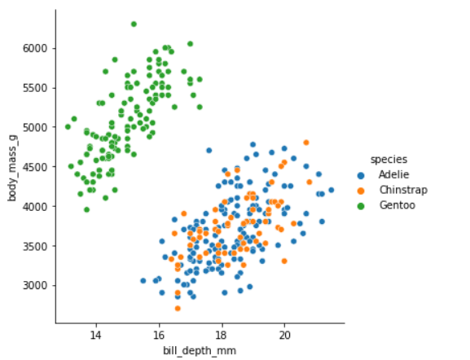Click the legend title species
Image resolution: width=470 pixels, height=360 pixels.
coord(385,159)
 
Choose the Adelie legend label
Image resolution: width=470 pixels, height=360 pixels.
coord(393,174)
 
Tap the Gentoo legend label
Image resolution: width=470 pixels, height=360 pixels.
coord(397,205)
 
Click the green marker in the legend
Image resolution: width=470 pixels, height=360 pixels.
coord(362,205)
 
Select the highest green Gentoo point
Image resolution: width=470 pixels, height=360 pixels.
coord(134,24)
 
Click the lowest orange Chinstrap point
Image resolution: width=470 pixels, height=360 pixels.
coord(178,308)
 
